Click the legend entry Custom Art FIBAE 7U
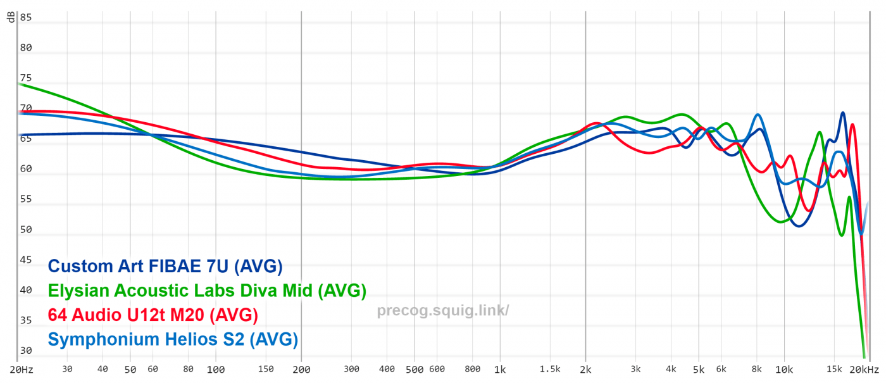pos(165,267)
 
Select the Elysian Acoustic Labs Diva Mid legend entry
pos(207,291)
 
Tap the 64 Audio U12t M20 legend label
pos(153,315)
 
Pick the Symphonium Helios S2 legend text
pos(173,339)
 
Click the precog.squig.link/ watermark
pos(443,311)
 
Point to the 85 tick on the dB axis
pos(25,18)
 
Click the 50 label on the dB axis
pos(25,230)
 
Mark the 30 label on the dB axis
pos(25,351)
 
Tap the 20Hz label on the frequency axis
pos(22,369)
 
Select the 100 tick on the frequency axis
pos(216,369)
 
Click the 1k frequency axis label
pos(500,369)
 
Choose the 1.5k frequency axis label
pos(550,369)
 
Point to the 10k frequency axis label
pos(784,369)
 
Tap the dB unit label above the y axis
pos(11,18)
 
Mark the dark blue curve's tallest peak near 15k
pos(842,113)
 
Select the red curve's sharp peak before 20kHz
pos(852,125)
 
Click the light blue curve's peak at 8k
pos(758,115)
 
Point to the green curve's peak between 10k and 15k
pos(820,132)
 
